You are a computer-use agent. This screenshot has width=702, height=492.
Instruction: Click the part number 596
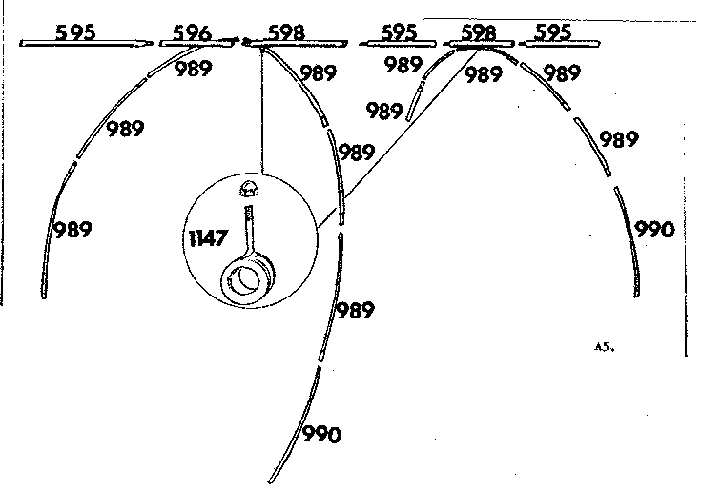tap(192, 32)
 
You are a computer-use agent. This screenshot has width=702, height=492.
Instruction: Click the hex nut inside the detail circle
tap(250, 189)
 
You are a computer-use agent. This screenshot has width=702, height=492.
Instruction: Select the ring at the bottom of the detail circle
tap(247, 279)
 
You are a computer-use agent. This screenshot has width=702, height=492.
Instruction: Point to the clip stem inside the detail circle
tap(249, 231)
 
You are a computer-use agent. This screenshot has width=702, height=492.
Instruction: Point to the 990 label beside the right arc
tap(654, 230)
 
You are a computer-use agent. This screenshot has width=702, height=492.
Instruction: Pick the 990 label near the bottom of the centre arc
tap(321, 435)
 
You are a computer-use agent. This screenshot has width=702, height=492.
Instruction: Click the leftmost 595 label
tap(75, 32)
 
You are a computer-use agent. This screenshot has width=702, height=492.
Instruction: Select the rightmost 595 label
tap(553, 32)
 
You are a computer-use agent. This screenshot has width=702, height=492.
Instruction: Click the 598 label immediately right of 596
tap(286, 32)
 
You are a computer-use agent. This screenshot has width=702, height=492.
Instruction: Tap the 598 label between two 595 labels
tap(479, 32)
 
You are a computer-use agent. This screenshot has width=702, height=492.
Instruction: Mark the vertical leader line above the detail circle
tap(262, 111)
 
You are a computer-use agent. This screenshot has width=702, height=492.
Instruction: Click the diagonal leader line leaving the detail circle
tap(398, 139)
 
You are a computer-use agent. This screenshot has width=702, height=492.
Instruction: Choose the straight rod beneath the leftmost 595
tap(87, 44)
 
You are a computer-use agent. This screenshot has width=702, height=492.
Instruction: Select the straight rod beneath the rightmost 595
tap(559, 44)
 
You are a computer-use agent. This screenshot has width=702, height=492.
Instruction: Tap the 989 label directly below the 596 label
tap(193, 69)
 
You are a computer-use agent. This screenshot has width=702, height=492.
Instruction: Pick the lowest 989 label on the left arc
tap(72, 230)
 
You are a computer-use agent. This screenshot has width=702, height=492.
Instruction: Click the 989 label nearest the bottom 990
tap(355, 310)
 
